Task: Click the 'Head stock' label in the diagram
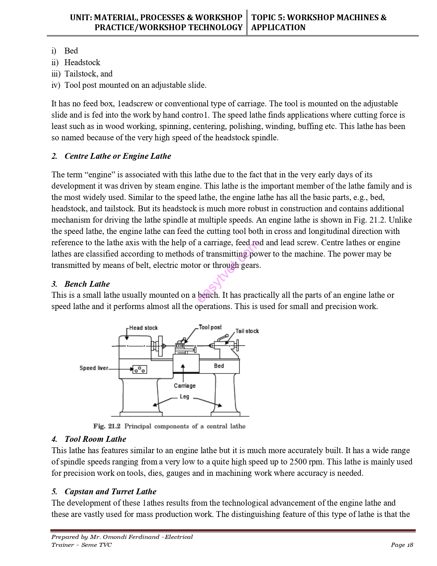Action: click(143, 328)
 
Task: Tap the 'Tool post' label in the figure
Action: click(210, 327)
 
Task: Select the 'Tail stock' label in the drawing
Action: click(247, 331)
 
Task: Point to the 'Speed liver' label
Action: click(94, 368)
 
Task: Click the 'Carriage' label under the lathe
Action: click(184, 386)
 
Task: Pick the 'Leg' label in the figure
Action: click(184, 397)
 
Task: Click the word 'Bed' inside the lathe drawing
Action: click(219, 366)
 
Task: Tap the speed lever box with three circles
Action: click(140, 369)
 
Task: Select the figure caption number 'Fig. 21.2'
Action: click(107, 426)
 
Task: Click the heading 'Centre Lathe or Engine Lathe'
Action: click(118, 156)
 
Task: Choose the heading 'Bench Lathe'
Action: click(87, 284)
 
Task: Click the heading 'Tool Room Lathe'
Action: click(95, 439)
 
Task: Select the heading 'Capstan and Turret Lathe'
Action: click(110, 492)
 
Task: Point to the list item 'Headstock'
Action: click(82, 62)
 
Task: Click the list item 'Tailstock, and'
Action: click(88, 74)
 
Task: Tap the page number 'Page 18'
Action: click(402, 545)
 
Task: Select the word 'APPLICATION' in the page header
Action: click(278, 27)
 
